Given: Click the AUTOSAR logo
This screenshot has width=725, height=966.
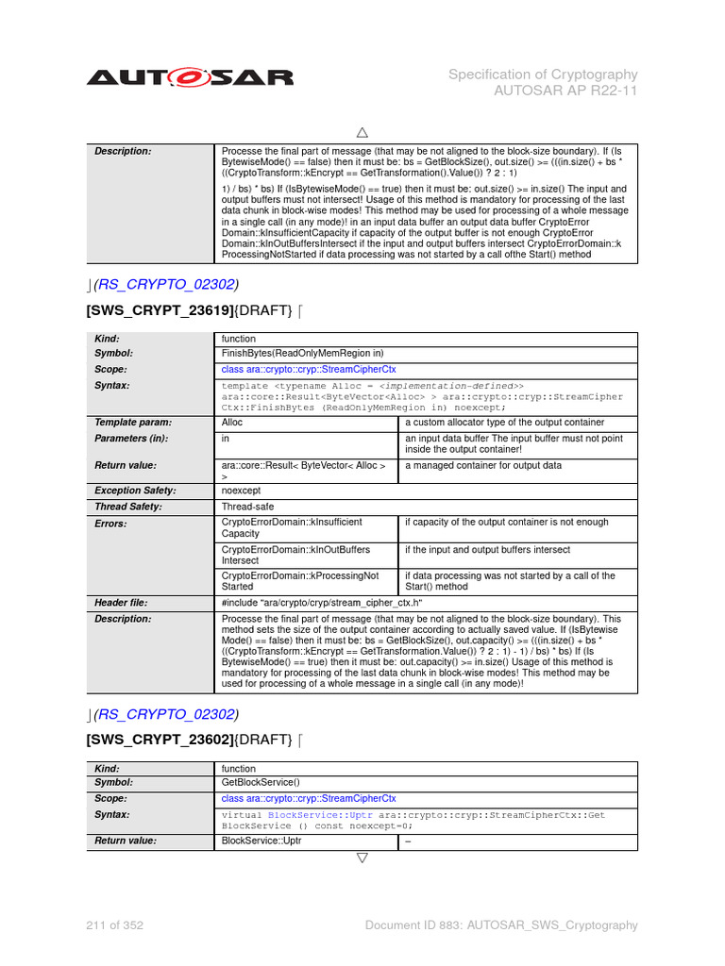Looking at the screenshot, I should (x=190, y=77).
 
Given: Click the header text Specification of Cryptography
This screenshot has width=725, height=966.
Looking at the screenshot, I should (x=543, y=75).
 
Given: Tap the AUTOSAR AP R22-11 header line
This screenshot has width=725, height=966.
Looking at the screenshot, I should (x=566, y=92).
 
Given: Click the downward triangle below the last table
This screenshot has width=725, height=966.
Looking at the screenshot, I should (x=362, y=858).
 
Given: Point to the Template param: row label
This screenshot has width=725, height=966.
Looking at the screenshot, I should (x=131, y=423).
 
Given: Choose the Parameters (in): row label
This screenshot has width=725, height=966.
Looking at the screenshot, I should (x=131, y=439).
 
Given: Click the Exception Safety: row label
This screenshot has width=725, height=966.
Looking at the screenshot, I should (x=136, y=491).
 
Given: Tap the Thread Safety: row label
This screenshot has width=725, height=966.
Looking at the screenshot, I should (x=128, y=507).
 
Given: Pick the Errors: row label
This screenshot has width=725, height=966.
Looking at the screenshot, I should (x=110, y=523).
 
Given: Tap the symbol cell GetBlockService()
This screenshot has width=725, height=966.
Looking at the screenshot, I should (x=261, y=782).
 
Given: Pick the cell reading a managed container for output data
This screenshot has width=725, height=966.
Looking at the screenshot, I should (x=483, y=465).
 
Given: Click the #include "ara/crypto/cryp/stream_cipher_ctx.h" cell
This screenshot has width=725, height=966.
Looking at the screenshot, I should (x=321, y=602).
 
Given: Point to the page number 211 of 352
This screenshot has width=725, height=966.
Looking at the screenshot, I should (x=115, y=925).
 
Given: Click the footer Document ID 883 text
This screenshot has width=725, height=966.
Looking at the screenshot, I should (x=501, y=925).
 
